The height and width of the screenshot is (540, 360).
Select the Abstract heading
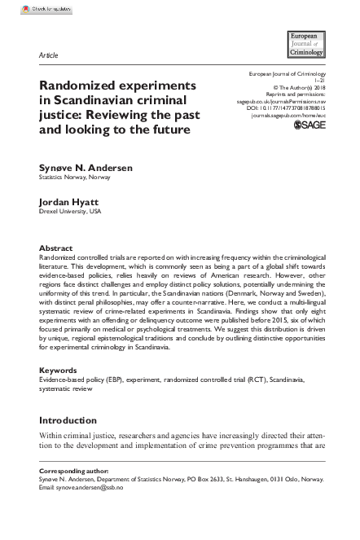[x=56, y=248]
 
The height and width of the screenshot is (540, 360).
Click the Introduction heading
[x=68, y=420]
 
